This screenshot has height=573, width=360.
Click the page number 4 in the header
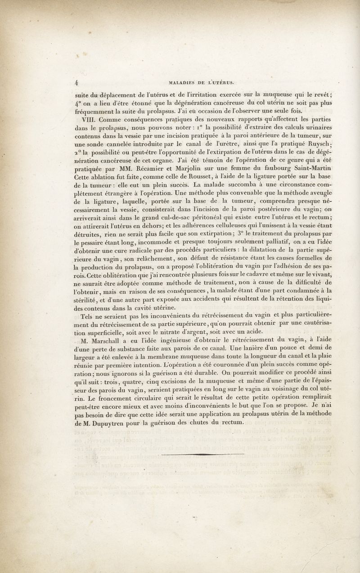coord(77,82)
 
